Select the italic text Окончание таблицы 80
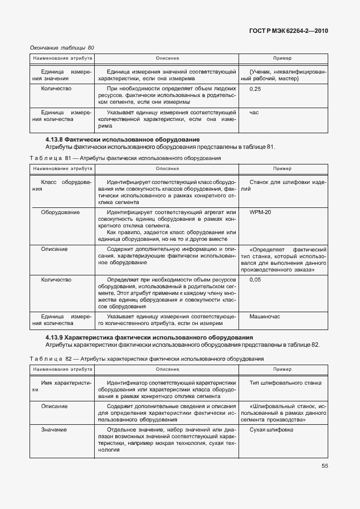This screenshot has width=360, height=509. (62, 47)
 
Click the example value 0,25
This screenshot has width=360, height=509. (256, 89)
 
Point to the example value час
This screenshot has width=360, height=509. (254, 113)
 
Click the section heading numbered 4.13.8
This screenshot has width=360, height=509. (123, 139)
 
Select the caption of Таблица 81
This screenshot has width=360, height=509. (125, 158)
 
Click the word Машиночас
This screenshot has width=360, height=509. (265, 316)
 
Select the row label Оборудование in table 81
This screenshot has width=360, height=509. (61, 212)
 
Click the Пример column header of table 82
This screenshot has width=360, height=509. (282, 370)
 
